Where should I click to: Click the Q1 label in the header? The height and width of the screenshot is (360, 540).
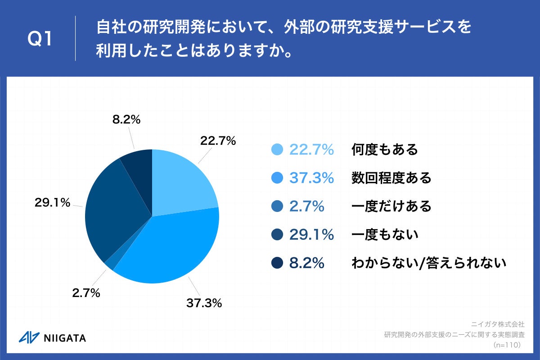pyautogui.click(x=40, y=39)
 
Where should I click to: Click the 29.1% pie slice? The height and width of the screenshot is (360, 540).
pyautogui.click(x=112, y=211)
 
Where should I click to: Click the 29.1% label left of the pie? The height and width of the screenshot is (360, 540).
pyautogui.click(x=53, y=202)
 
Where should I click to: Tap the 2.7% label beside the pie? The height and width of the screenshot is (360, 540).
pyautogui.click(x=85, y=293)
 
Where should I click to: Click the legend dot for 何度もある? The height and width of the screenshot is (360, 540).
pyautogui.click(x=277, y=149)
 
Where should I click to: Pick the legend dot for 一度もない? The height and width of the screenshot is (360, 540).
pyautogui.click(x=277, y=234)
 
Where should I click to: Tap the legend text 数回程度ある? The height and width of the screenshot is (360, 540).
pyautogui.click(x=391, y=178)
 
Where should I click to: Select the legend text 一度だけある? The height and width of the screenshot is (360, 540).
pyautogui.click(x=391, y=207)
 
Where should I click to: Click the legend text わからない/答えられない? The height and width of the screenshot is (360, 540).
pyautogui.click(x=428, y=263)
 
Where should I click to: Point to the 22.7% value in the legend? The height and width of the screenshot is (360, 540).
pyautogui.click(x=311, y=149)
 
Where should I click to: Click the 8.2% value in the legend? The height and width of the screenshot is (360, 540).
pyautogui.click(x=306, y=263)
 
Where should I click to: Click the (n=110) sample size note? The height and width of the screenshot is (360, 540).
pyautogui.click(x=507, y=345)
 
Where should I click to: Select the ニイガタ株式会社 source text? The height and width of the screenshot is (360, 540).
pyautogui.click(x=498, y=324)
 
